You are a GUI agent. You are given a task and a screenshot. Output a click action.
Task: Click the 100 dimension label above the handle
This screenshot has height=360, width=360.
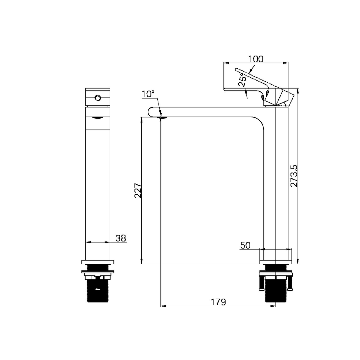(256, 59)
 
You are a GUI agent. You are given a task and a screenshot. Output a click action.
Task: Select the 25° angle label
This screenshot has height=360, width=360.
(242, 80)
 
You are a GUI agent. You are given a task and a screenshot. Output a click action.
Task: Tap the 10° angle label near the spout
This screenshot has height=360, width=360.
(148, 94)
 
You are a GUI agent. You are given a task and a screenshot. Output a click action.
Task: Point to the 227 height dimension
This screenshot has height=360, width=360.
(138, 190)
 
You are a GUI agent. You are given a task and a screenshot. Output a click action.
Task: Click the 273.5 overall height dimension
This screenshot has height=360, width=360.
(294, 176)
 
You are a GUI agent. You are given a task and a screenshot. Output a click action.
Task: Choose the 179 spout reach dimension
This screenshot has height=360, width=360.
(218, 302)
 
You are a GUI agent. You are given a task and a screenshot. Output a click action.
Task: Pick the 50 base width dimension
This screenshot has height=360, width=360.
(245, 245)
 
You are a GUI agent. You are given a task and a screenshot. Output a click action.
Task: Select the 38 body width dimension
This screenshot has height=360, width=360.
(121, 238)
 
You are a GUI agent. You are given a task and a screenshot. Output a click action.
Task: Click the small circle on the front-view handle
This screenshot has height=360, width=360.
(98, 98)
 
